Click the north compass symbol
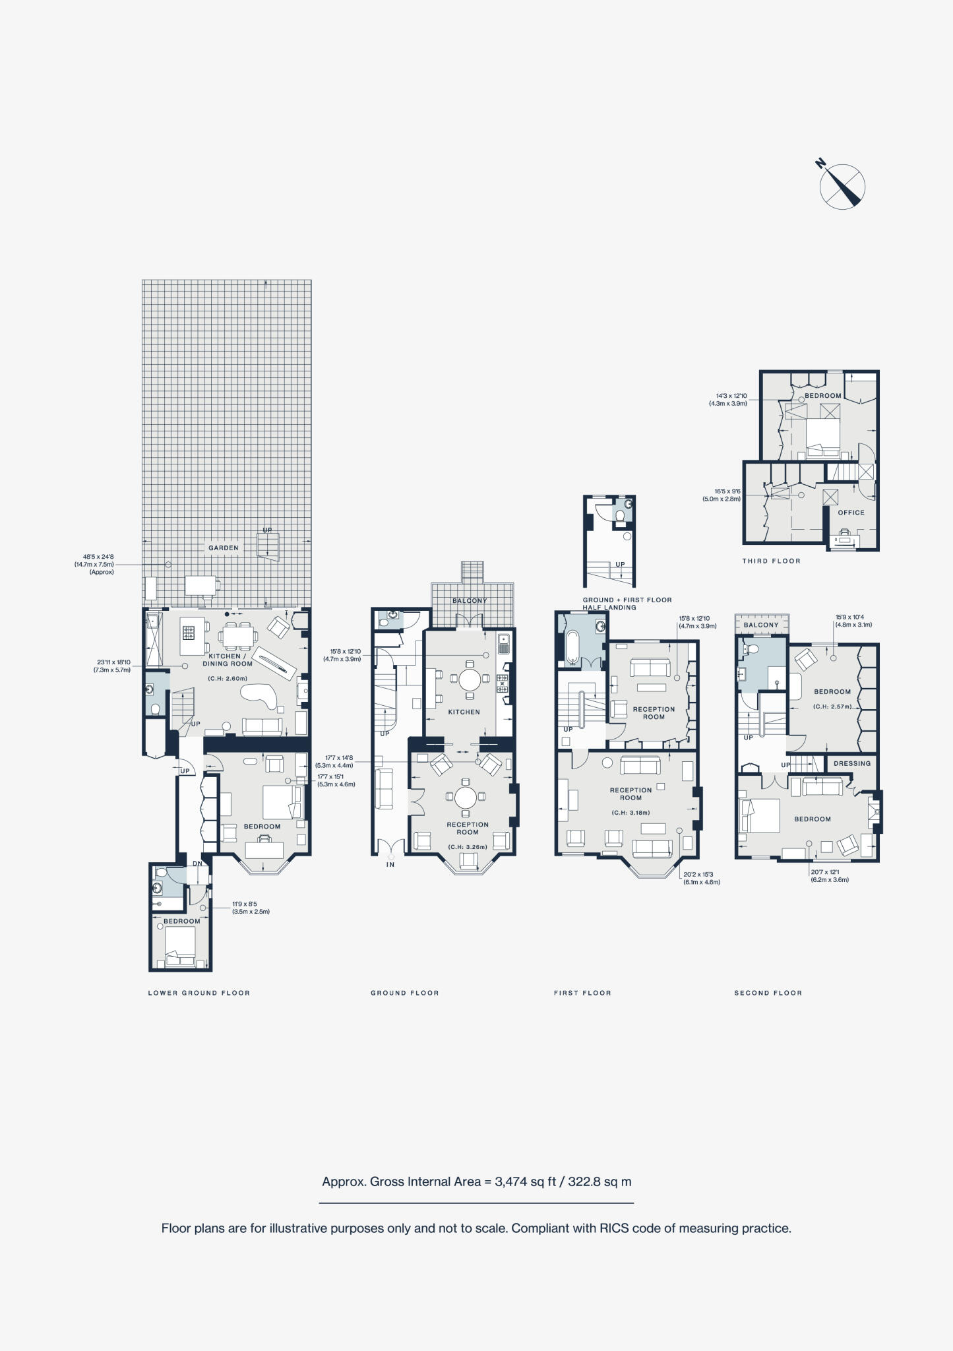842,186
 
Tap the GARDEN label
224,548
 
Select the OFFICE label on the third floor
851,513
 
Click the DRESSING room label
852,763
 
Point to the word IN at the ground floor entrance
390,864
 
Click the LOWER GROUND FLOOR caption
199,993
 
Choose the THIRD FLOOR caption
771,561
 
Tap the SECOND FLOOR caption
768,993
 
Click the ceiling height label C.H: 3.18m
630,813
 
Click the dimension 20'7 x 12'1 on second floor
824,872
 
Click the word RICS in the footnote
613,1228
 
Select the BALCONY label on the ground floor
470,601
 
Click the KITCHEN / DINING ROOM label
228,660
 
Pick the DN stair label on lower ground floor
197,864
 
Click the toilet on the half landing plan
620,515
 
